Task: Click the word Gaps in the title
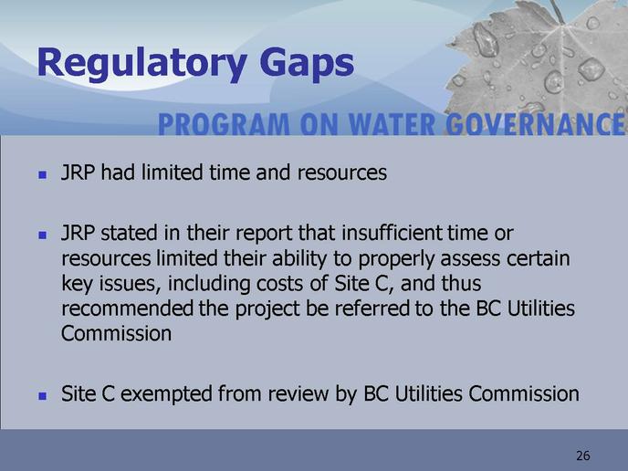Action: pos(307,64)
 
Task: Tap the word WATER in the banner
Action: pos(392,124)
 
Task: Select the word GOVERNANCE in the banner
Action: pos(535,124)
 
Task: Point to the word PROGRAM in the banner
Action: pos(224,124)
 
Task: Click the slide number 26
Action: pos(583,455)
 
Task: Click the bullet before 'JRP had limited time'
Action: pos(43,174)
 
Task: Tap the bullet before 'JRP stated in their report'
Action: pos(43,235)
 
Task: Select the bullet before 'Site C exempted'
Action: pos(43,396)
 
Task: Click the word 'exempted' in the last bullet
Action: pos(167,394)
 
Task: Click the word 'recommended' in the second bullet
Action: pos(128,309)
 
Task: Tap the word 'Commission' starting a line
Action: pos(117,334)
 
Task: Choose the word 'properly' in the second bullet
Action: pos(396,259)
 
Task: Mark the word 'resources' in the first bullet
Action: pos(342,173)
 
